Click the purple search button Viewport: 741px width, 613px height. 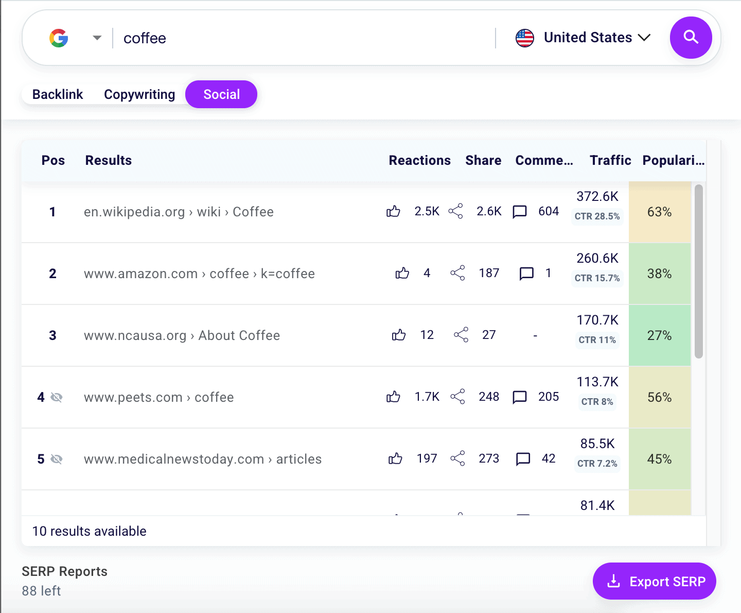pyautogui.click(x=691, y=38)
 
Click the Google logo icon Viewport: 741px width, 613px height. pyautogui.click(x=59, y=38)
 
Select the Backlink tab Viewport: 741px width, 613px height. pyautogui.click(x=58, y=94)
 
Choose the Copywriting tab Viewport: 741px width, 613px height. pyautogui.click(x=139, y=94)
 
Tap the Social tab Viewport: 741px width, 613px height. pyautogui.click(x=221, y=94)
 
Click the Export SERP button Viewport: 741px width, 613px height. pyautogui.click(x=654, y=581)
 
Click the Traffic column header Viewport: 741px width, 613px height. pyautogui.click(x=610, y=160)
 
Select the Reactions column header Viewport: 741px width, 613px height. pyautogui.click(x=419, y=160)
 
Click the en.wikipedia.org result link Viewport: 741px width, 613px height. pyautogui.click(x=179, y=212)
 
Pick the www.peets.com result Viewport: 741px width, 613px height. pyautogui.click(x=158, y=397)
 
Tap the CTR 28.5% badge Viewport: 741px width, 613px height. pyautogui.click(x=597, y=216)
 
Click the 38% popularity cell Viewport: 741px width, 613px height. pyautogui.click(x=659, y=274)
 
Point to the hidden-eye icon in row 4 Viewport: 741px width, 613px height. pyautogui.click(x=57, y=397)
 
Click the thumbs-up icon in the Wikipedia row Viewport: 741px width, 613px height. pyautogui.click(x=393, y=211)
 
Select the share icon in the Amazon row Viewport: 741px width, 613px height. pyautogui.click(x=457, y=273)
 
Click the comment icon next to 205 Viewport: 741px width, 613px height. pyautogui.click(x=520, y=397)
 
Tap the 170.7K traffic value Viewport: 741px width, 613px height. pyautogui.click(x=597, y=320)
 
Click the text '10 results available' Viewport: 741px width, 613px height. pyautogui.click(x=90, y=531)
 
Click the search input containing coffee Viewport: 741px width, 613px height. pyautogui.click(x=304, y=38)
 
